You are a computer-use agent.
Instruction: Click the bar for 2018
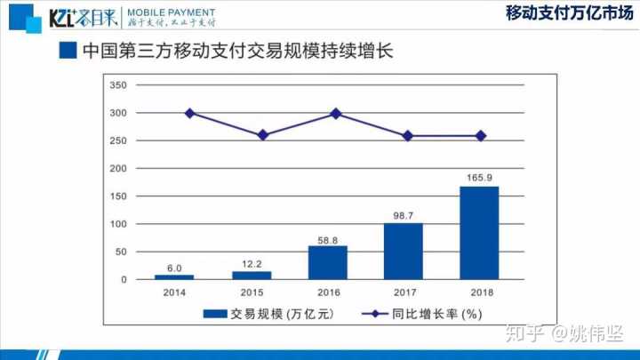[x=479, y=233]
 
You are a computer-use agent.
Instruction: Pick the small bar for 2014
[x=174, y=277]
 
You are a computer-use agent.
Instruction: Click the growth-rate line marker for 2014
[x=189, y=113]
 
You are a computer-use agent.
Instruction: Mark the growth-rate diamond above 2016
[x=335, y=113]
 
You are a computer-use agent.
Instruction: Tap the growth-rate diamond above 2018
[x=481, y=136]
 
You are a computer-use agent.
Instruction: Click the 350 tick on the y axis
[x=118, y=85]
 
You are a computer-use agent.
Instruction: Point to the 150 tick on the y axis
[x=118, y=196]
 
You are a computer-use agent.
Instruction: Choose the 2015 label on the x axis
[x=252, y=292]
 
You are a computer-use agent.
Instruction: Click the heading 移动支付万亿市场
[x=562, y=13]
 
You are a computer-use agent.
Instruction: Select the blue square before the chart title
[x=67, y=50]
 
